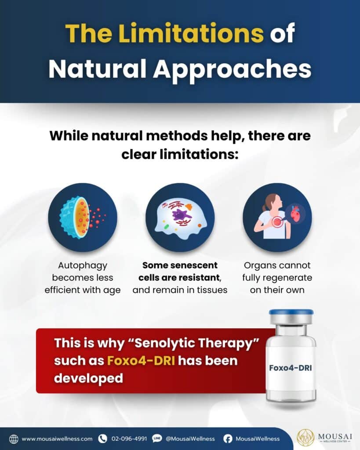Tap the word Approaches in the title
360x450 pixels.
(x=232, y=69)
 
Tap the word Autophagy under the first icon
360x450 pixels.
(x=83, y=265)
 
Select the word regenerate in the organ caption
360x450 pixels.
(x=287, y=278)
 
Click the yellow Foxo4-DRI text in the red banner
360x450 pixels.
(x=141, y=360)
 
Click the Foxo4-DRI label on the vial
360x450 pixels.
(x=290, y=368)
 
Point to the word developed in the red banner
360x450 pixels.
(x=88, y=378)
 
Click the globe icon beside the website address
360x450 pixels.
(x=14, y=439)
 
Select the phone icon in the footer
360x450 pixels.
(x=102, y=439)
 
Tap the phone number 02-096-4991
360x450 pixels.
(x=129, y=439)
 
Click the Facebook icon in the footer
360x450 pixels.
(x=228, y=439)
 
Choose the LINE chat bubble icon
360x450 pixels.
(x=157, y=439)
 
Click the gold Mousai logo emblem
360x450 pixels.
(x=305, y=438)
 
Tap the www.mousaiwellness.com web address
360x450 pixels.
(x=57, y=439)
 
